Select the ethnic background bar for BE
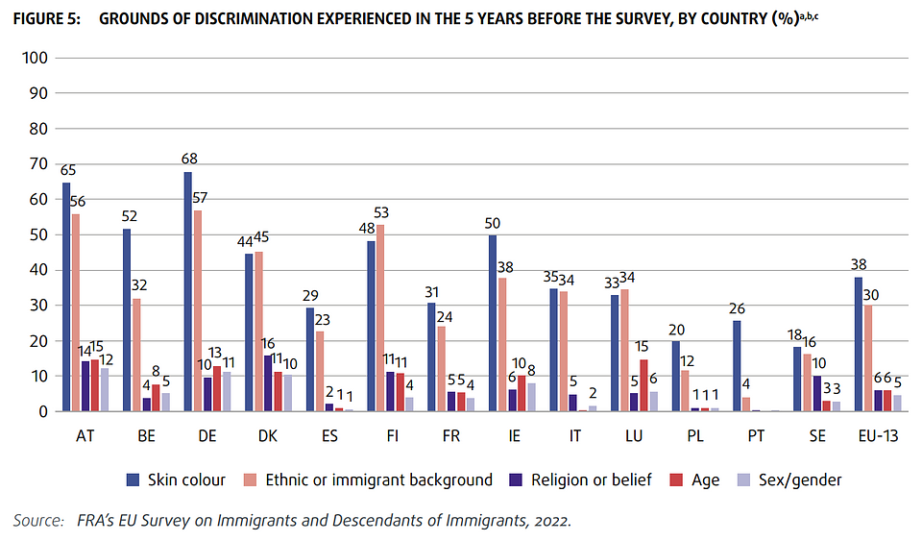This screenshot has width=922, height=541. [136, 355]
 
